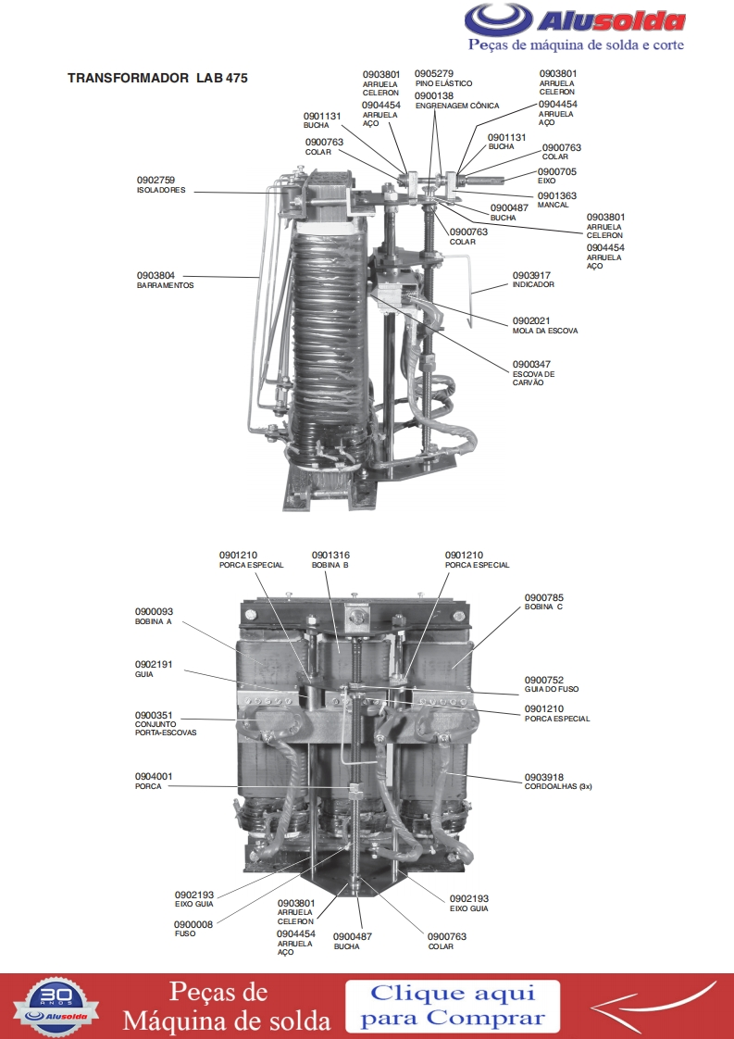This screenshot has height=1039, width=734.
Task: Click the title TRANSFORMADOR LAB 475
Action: [x=157, y=78]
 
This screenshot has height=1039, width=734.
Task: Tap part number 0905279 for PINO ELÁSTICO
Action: [x=434, y=73]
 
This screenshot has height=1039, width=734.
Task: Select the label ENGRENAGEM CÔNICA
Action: [x=457, y=106]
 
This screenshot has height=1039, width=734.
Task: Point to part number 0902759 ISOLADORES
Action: [x=156, y=181]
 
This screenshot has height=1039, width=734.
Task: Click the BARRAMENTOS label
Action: [x=165, y=285]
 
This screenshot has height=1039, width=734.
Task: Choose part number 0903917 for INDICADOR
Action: [x=531, y=275]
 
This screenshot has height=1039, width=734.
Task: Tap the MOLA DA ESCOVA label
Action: [x=544, y=331]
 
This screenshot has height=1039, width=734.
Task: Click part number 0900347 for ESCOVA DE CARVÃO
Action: [x=531, y=365]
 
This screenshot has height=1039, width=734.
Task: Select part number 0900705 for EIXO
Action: [x=557, y=171]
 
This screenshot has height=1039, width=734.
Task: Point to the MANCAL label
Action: [x=553, y=206]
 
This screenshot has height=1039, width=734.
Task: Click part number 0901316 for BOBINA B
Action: [x=330, y=556]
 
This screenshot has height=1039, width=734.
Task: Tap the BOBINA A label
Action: [x=153, y=622]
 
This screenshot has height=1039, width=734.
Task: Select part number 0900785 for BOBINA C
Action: [x=544, y=597]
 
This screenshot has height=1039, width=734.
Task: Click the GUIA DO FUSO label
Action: [x=551, y=689]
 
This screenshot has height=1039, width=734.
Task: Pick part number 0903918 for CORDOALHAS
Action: [x=544, y=777]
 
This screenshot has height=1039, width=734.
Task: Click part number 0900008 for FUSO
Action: [x=193, y=924]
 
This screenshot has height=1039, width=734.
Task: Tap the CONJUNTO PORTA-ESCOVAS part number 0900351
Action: [x=154, y=716]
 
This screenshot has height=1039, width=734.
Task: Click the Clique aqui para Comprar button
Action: [x=453, y=1006]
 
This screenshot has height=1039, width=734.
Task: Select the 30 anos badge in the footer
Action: [x=56, y=1006]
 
